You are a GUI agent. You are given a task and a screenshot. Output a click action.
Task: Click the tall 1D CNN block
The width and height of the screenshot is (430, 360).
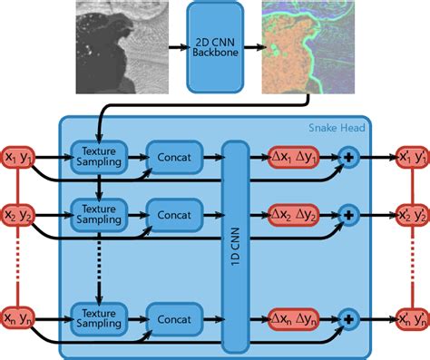pyautogui.click(x=235, y=245)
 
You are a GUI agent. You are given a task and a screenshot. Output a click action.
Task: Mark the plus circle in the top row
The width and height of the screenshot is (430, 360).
pyautogui.click(x=347, y=157)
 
